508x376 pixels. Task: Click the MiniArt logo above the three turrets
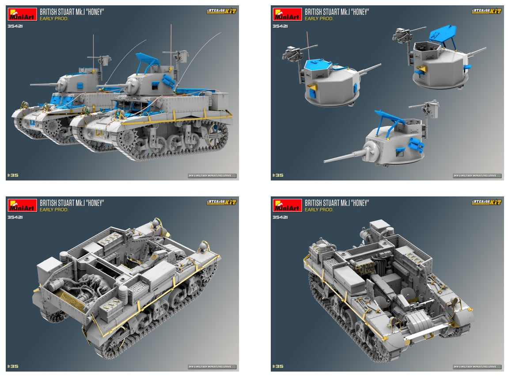287,14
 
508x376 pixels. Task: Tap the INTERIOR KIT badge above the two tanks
221,11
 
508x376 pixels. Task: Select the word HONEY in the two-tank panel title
94,12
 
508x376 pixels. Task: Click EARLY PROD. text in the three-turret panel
319,19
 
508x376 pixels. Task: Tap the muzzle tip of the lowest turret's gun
325,162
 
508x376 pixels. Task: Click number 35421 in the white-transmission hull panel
280,217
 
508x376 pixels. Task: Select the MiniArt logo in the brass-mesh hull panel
22,205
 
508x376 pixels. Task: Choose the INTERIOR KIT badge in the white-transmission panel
486,202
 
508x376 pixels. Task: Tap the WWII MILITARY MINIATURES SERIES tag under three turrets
477,176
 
